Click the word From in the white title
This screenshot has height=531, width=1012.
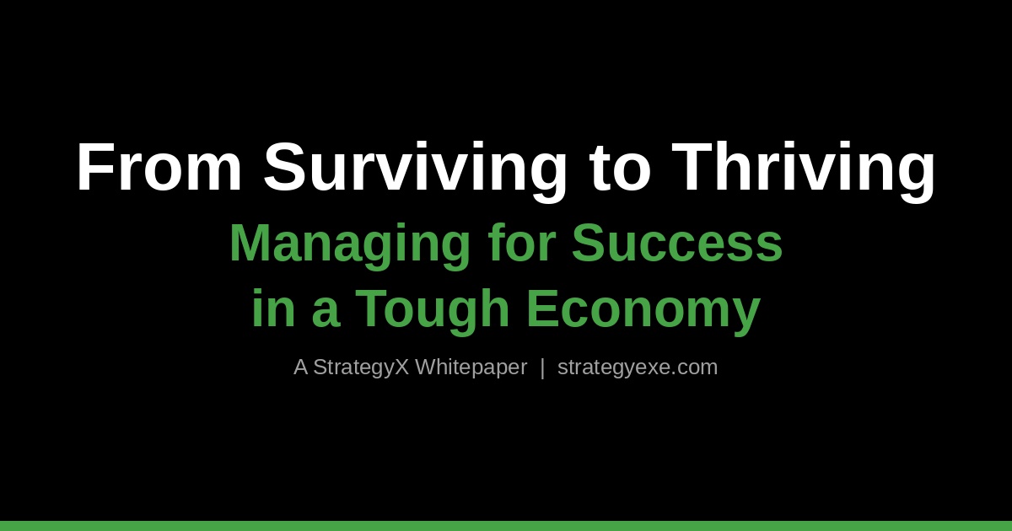coord(159,167)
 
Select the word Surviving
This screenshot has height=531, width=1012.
coord(416,167)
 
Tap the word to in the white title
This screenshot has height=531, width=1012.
coord(620,167)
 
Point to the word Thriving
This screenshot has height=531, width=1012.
coord(804,167)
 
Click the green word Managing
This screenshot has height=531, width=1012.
coord(349,244)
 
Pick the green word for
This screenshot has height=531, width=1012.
coord(521,243)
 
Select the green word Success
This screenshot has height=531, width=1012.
coord(677,243)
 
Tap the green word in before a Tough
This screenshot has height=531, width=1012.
coord(272,308)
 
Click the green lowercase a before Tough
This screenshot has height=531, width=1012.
coord(326,310)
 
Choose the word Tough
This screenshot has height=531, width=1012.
coord(433,309)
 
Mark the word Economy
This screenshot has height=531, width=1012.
coord(643,309)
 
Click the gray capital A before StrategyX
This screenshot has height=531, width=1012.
coord(300,367)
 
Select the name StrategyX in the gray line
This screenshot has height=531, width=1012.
coord(360,367)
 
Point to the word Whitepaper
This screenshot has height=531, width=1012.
coord(471,367)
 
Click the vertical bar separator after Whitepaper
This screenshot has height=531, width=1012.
coord(542,367)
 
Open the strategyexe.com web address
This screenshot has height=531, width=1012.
coord(638,367)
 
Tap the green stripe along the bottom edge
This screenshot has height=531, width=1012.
coord(506,526)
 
